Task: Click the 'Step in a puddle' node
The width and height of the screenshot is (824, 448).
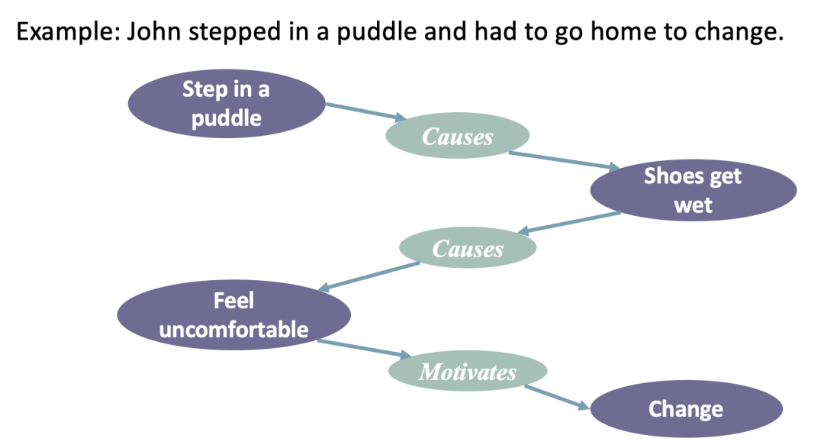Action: [x=226, y=104]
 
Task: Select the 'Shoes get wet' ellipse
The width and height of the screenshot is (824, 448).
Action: [x=693, y=191]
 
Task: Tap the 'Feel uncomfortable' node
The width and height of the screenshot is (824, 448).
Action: [x=233, y=314]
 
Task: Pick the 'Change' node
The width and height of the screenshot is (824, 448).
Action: [x=685, y=409]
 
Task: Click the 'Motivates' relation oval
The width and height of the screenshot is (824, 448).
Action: [x=468, y=372]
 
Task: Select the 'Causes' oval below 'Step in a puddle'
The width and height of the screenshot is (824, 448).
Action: [x=458, y=137]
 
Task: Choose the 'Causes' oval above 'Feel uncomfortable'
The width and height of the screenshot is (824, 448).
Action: [x=468, y=249]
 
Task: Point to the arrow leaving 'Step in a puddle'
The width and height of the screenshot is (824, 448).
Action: [x=363, y=111]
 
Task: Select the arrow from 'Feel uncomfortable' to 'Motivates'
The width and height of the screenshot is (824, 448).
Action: [x=359, y=349]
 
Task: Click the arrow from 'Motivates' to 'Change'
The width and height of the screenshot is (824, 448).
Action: [x=558, y=396]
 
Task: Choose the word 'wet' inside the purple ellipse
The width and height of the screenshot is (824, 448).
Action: [x=693, y=205]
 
